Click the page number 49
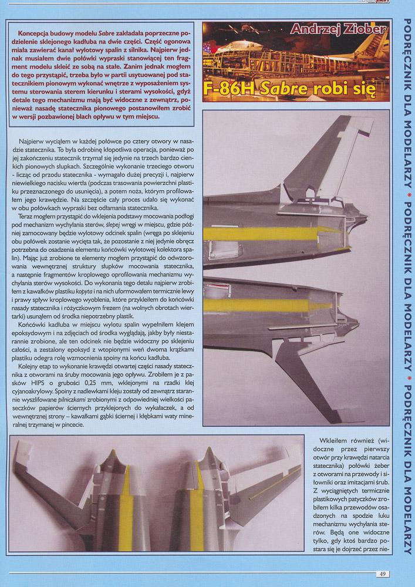tap(382, 573)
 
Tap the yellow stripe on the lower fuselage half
tap(258, 305)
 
